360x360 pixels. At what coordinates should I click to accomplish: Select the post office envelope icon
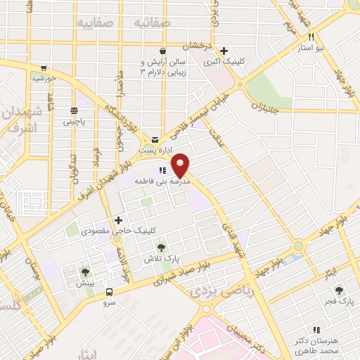[155, 139]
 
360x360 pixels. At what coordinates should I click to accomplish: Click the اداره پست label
[155, 150]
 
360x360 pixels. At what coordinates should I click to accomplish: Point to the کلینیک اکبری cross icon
[224, 51]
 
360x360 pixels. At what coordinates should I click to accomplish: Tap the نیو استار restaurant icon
[311, 37]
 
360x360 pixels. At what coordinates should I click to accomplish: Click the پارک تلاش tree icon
[162, 247]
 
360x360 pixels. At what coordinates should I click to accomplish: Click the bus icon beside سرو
[109, 291]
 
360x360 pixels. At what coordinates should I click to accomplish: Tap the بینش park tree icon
[85, 272]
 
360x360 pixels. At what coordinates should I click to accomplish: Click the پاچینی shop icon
[74, 110]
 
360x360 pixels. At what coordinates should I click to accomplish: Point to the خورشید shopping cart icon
[44, 68]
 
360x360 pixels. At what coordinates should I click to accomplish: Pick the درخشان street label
[197, 46]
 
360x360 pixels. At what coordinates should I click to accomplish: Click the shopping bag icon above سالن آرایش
[163, 51]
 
